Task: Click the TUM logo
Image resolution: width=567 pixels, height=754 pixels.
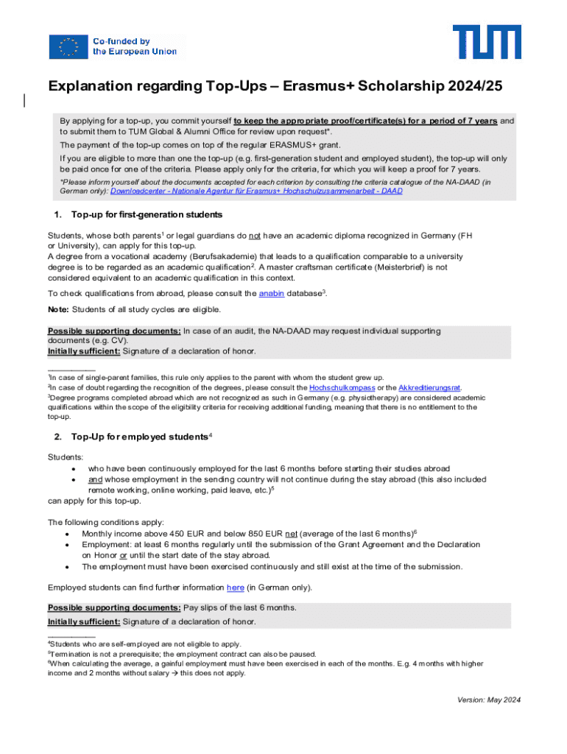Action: (x=487, y=42)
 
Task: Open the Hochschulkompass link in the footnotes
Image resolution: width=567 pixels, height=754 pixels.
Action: (x=342, y=387)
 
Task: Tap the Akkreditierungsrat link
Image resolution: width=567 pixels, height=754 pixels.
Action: (x=429, y=387)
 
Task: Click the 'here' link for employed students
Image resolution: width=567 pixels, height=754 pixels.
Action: (x=236, y=588)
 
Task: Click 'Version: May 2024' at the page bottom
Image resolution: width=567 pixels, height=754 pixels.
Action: (x=487, y=700)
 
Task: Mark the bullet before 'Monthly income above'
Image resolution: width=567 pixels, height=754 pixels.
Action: (x=68, y=533)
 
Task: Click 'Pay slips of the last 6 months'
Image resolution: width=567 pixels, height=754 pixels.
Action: (x=240, y=607)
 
